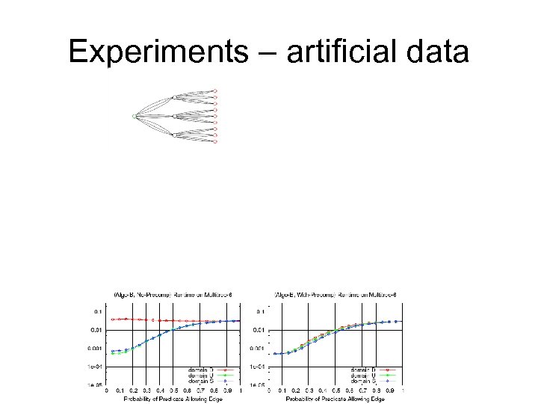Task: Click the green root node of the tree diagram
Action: click(133, 117)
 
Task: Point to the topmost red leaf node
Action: click(215, 91)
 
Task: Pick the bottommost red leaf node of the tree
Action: click(215, 141)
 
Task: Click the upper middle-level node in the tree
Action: click(174, 97)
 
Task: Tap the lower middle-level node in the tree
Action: click(174, 135)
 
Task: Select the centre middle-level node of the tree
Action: click(174, 116)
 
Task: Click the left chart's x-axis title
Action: click(173, 399)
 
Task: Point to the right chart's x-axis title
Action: click(336, 399)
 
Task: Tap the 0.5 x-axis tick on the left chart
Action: click(173, 391)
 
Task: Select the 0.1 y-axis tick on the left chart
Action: click(98, 311)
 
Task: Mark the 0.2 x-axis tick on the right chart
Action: click(296, 391)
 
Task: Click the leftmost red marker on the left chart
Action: click(112, 319)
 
